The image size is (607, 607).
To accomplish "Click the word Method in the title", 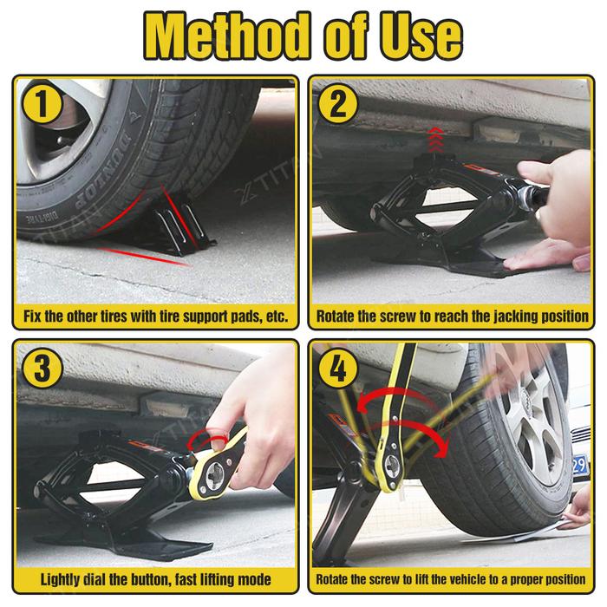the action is tap(227, 36).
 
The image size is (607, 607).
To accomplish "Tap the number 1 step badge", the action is tap(42, 104).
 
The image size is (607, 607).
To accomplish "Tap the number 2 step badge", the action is tap(338, 104).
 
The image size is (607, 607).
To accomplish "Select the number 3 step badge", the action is tap(42, 368).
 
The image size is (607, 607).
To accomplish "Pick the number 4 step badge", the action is tap(338, 368).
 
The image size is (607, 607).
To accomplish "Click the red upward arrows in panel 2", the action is tap(436, 140).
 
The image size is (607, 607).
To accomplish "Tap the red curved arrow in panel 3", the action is tap(207, 437).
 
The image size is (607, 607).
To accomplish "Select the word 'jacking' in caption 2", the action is tap(515, 317).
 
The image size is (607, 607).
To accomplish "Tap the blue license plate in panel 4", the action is tap(580, 466).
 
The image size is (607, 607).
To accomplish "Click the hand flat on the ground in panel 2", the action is tap(545, 258).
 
